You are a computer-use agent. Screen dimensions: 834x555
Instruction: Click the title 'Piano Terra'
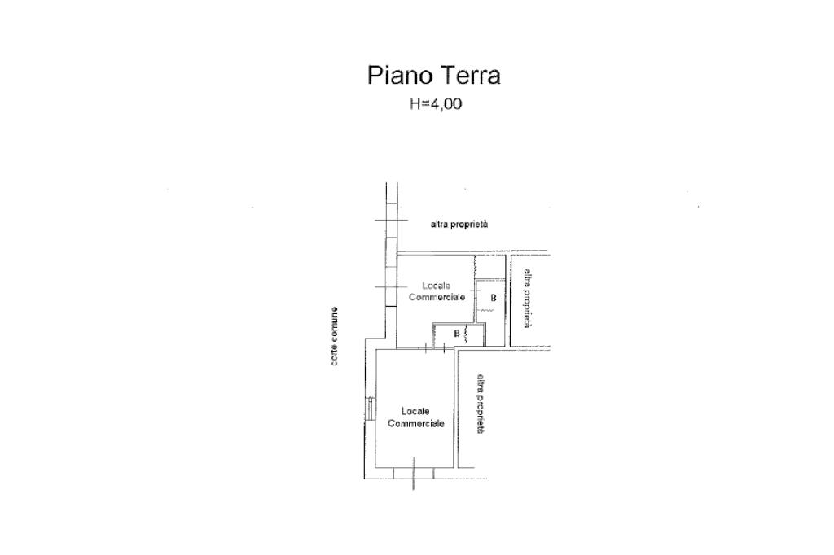[433, 76]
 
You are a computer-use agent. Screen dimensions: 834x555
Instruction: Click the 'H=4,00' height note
[435, 103]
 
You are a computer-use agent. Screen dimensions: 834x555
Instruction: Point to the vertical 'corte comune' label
[335, 336]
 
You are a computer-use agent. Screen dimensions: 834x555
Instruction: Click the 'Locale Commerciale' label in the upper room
[437, 291]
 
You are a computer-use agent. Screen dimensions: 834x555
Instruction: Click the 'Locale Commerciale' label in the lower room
[415, 417]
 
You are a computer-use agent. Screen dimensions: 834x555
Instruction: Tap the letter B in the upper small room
[493, 298]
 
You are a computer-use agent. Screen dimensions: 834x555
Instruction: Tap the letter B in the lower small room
[456, 333]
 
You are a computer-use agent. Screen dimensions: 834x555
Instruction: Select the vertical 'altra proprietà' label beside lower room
[481, 403]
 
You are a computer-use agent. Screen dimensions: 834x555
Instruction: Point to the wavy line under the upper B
[488, 310]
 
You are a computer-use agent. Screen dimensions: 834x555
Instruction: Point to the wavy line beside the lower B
[465, 334]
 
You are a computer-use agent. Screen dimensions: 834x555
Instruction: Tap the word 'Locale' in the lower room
[415, 411]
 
